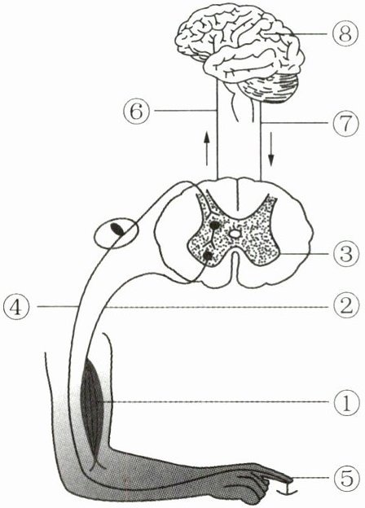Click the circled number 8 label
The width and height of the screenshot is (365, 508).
[345, 33]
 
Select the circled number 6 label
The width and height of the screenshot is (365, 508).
[136, 111]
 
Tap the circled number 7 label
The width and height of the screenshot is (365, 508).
[345, 124]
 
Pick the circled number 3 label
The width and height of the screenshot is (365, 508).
[346, 254]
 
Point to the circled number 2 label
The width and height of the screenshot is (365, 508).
[346, 306]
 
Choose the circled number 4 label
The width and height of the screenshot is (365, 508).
[16, 306]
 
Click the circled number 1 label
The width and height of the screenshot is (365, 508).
[346, 402]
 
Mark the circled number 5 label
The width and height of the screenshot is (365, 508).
[346, 478]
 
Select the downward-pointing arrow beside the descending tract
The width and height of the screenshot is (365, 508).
[271, 149]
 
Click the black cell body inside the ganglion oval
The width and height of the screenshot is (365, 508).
[117, 229]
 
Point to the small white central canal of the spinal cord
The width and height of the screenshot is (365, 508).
[235, 233]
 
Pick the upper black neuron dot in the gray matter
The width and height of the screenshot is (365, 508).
[214, 226]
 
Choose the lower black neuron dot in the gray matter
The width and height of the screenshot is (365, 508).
[208, 256]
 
